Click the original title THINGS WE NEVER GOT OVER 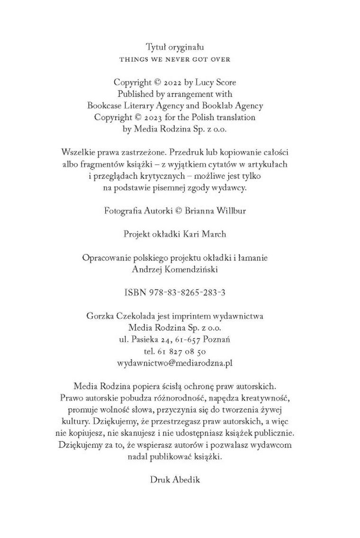pyautogui.click(x=175, y=60)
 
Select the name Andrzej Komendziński pyautogui.click(x=175, y=269)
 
